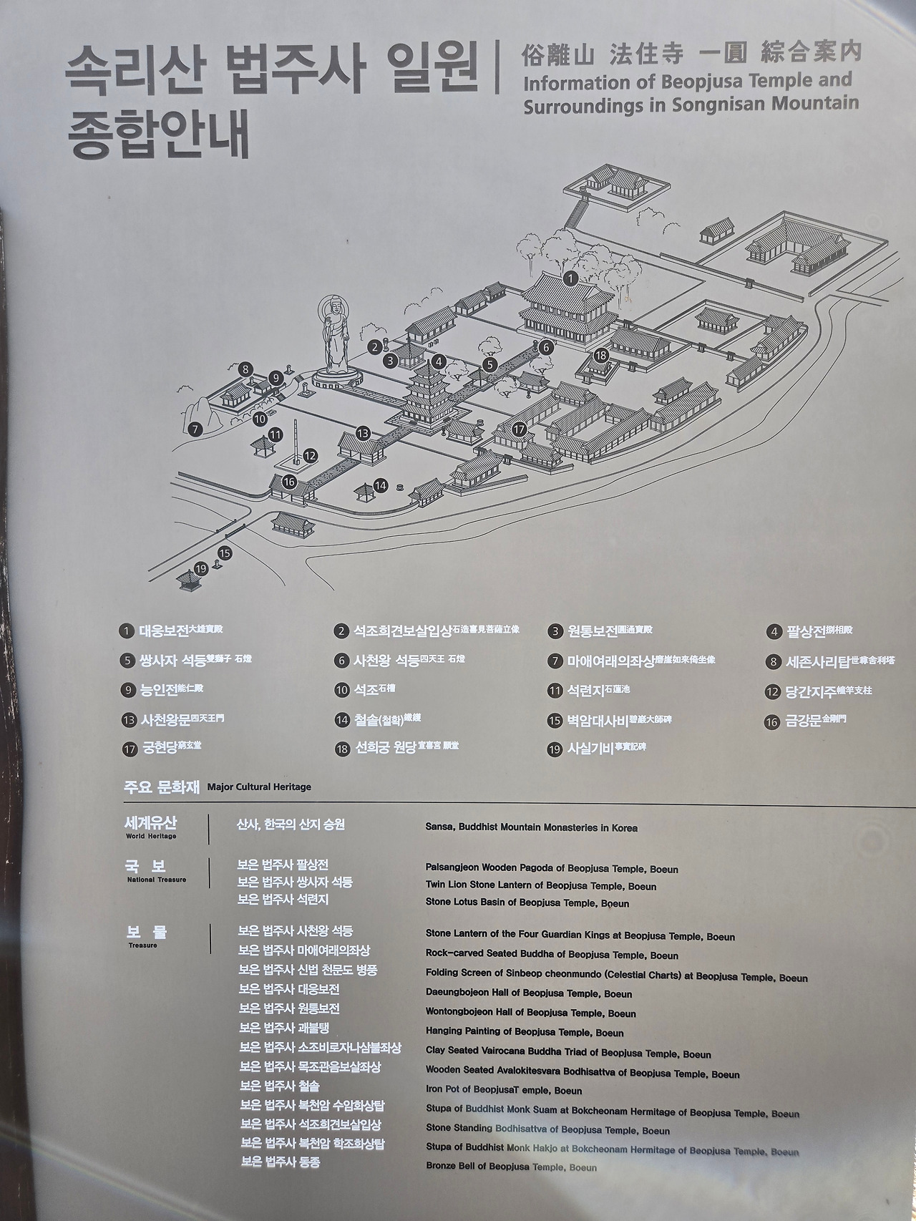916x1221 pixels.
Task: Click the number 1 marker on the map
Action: coord(570,278)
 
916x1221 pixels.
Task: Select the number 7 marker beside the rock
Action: coord(195,429)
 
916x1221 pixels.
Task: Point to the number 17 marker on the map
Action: coord(520,429)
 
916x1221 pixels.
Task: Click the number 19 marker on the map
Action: coord(201,569)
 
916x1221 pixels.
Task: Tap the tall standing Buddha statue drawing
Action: coord(333,339)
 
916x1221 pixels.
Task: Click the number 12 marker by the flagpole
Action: coord(310,455)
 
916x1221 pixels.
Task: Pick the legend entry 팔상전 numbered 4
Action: coord(809,631)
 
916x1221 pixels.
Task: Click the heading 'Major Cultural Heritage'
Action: coord(259,787)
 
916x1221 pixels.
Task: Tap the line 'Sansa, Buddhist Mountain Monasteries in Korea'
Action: coord(531,828)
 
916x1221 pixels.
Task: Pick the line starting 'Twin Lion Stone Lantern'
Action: coord(540,886)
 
